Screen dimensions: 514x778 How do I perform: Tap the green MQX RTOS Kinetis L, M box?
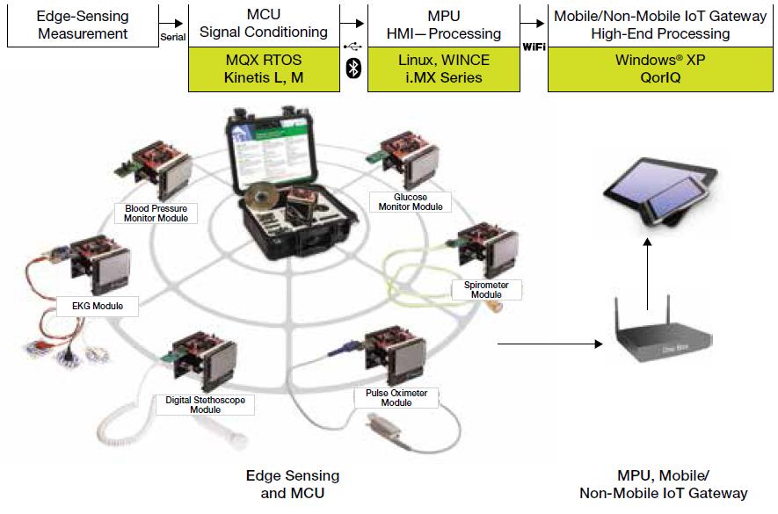[x=264, y=69]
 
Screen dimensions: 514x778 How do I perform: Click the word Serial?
[x=172, y=37]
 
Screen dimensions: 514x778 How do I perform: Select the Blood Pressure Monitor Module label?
[x=156, y=213]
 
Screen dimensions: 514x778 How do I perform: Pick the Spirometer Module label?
[x=485, y=290]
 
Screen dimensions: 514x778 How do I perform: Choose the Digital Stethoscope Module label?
[x=205, y=405]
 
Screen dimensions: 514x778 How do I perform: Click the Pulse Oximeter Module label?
[x=396, y=398]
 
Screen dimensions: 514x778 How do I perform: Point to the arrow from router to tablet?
[x=646, y=278]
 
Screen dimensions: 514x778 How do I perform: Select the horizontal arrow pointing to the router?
[x=545, y=343]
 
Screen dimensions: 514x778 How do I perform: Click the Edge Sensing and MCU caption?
[x=292, y=484]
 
